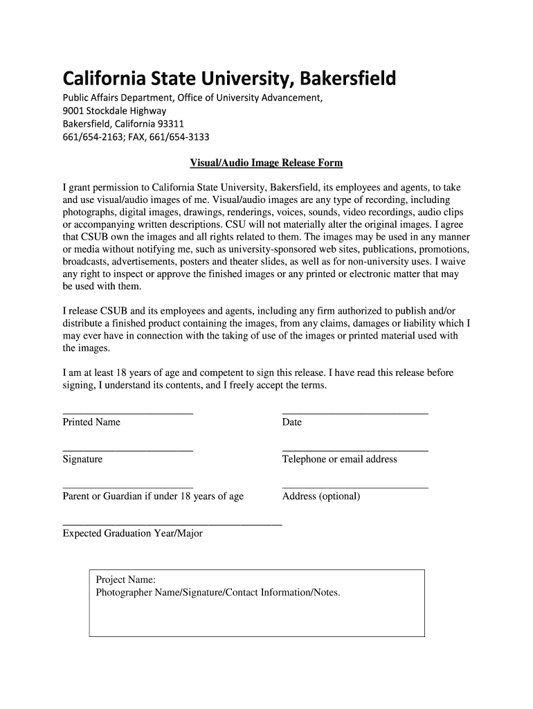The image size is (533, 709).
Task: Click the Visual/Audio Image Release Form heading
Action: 266,163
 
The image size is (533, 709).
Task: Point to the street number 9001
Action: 74,111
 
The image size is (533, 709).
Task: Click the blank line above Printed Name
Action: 127,413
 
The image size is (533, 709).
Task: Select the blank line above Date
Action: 355,413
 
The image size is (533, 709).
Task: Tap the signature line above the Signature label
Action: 127,450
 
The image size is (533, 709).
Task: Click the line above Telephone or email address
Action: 355,450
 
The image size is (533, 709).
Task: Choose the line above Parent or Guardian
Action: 127,487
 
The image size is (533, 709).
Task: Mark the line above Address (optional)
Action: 355,487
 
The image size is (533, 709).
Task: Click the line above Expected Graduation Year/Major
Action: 172,525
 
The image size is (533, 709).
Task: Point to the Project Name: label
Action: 125,580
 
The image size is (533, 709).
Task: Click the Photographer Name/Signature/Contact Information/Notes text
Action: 218,593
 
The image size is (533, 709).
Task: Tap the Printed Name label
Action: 91,422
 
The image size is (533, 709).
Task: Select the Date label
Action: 292,422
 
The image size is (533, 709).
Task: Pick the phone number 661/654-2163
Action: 91,136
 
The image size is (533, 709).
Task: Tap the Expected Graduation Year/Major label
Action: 132,534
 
